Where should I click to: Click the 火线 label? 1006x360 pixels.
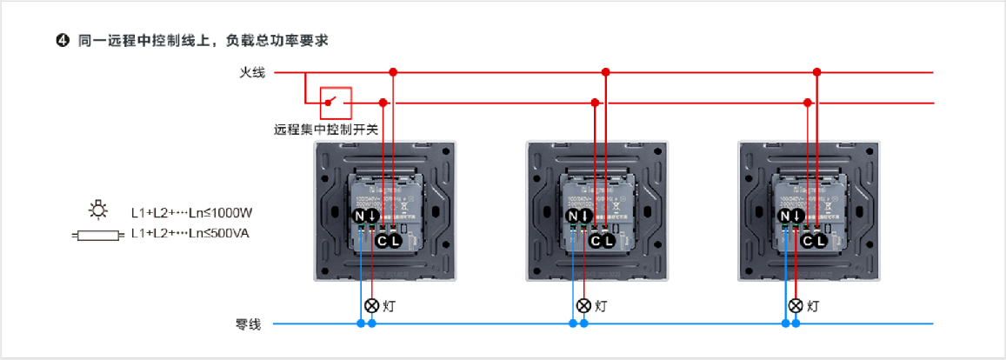point(252,73)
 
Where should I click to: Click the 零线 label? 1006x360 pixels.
point(249,324)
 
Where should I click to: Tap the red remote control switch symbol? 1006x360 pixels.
point(336,103)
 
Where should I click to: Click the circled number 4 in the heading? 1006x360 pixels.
point(62,41)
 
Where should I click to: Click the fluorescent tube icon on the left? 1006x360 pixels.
point(95,234)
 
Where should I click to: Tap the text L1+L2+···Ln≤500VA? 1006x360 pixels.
point(190,233)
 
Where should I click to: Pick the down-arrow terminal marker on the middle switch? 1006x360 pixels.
point(585,216)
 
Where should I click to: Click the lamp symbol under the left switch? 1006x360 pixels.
point(371,305)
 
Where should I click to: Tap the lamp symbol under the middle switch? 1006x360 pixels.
point(583,305)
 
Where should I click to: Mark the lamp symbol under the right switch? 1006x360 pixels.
point(795,305)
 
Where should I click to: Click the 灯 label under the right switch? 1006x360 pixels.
point(813,306)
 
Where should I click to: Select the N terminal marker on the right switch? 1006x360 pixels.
point(785,216)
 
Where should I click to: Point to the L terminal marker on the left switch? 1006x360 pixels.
point(396,240)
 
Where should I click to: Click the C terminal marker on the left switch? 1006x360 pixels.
point(383,240)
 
